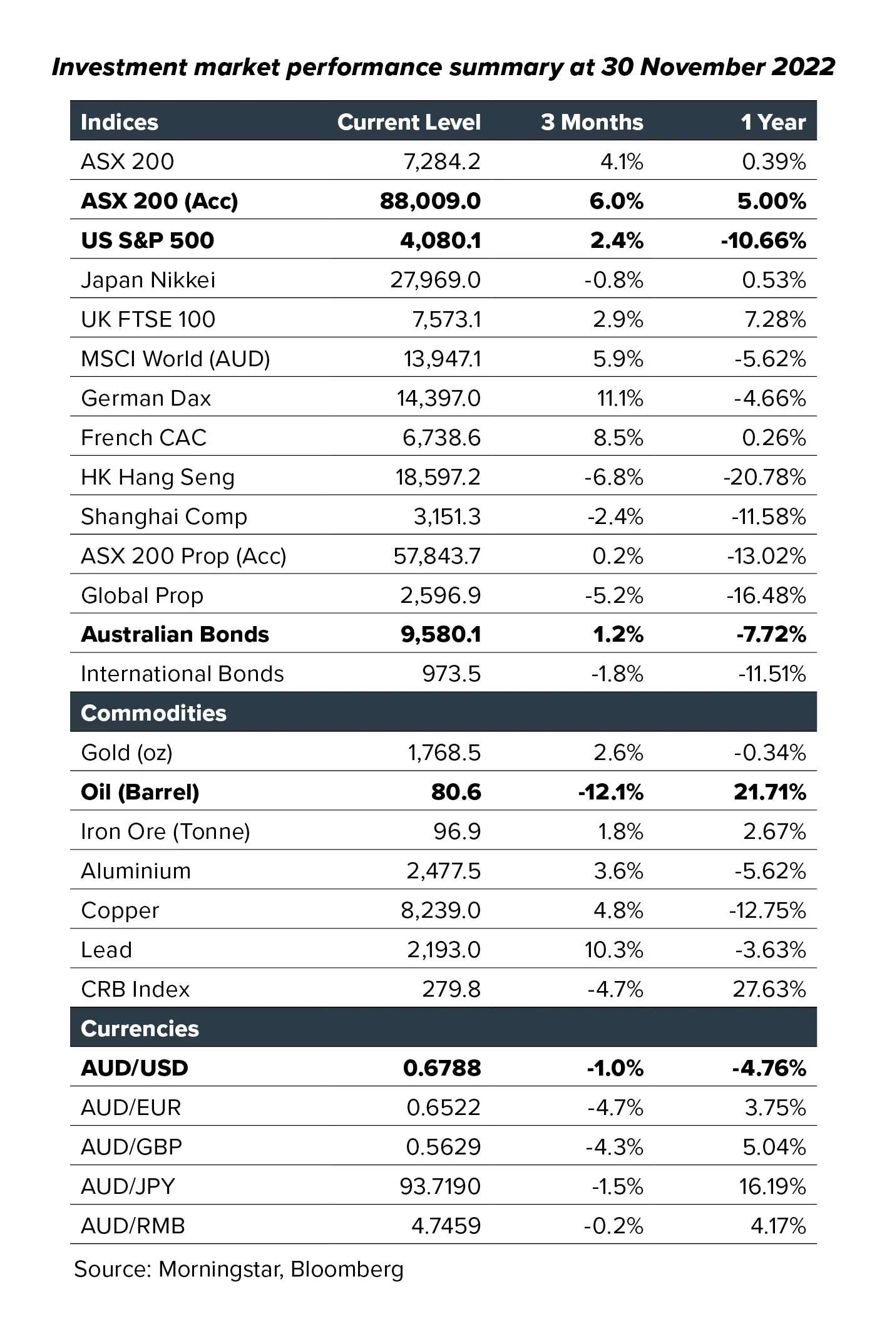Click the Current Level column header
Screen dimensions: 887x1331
point(409,122)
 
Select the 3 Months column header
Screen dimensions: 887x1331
point(592,122)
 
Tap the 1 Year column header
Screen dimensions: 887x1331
point(774,122)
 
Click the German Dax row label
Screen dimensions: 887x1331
point(146,398)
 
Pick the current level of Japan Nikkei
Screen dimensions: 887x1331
point(436,280)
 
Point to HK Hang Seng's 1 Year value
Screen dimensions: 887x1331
point(764,478)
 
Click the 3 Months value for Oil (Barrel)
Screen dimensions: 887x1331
point(610,793)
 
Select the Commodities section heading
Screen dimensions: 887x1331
point(154,713)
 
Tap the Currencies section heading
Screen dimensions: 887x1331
point(140,1029)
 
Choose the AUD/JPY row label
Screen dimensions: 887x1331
point(128,1186)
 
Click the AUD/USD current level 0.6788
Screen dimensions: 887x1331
point(442,1068)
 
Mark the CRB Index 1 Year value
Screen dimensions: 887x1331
point(769,989)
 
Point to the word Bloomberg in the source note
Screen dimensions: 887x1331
point(347,1269)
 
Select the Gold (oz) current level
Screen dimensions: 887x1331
point(444,753)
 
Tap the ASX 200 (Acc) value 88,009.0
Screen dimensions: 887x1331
point(431,201)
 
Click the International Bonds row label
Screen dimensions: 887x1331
point(183,674)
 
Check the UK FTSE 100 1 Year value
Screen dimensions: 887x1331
point(774,319)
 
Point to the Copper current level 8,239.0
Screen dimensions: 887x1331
point(441,910)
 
